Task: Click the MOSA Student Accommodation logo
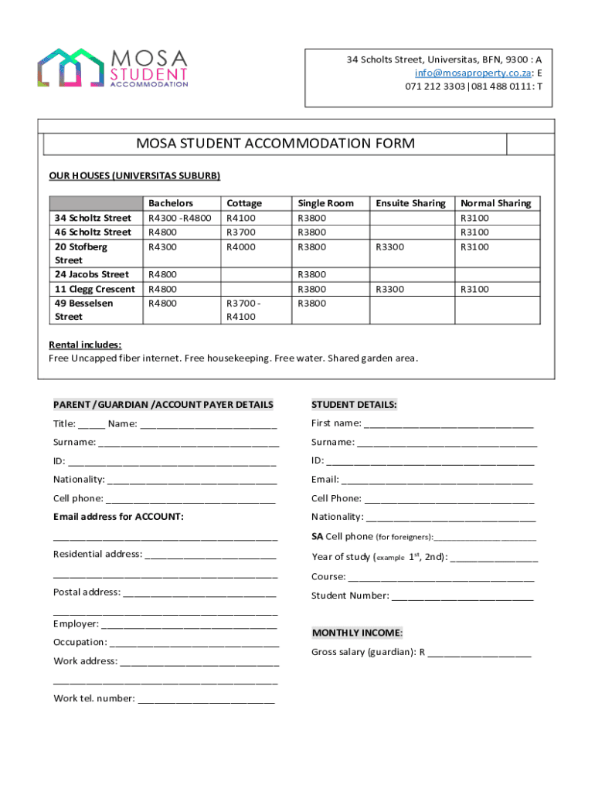(x=113, y=68)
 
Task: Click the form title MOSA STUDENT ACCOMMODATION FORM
(x=276, y=144)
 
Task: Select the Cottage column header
(x=243, y=203)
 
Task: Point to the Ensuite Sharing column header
(x=410, y=203)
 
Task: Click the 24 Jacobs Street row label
(x=92, y=274)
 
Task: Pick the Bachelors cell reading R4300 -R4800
(x=180, y=218)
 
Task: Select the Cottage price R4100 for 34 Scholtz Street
(x=240, y=218)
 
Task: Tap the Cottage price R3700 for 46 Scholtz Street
(x=240, y=232)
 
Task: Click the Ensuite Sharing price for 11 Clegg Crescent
(x=390, y=289)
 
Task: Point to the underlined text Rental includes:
(x=85, y=345)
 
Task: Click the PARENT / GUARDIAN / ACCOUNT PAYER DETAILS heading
(x=163, y=405)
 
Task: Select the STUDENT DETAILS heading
(x=354, y=405)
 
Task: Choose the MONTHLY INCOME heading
(x=357, y=633)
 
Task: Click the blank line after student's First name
(x=448, y=425)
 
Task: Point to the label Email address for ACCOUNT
(x=118, y=517)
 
